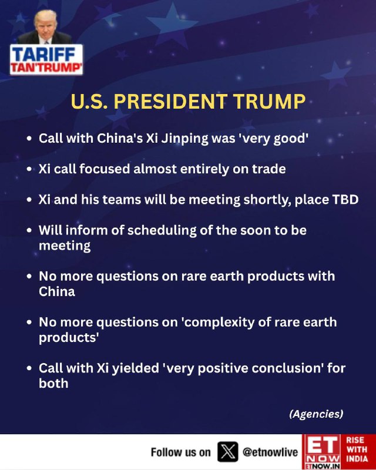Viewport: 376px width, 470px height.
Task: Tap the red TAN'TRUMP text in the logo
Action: click(46, 68)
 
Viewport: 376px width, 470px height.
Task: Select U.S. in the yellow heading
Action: click(89, 101)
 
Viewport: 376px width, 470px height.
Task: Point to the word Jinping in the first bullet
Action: click(184, 139)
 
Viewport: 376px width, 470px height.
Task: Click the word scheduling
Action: click(162, 230)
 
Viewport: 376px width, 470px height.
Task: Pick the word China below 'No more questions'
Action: click(56, 291)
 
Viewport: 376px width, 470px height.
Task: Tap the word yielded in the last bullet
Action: click(136, 368)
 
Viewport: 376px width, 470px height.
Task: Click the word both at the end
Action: click(53, 384)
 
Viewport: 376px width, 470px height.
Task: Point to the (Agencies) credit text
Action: click(316, 414)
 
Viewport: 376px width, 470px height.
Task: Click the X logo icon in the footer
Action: click(227, 452)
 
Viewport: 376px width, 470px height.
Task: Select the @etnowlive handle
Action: click(270, 452)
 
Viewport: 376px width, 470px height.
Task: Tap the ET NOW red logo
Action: click(321, 452)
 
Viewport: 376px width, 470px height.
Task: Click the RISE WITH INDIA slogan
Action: click(357, 449)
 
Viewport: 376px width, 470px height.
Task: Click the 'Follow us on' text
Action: click(180, 452)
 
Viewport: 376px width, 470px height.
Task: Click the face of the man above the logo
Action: click(45, 26)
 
